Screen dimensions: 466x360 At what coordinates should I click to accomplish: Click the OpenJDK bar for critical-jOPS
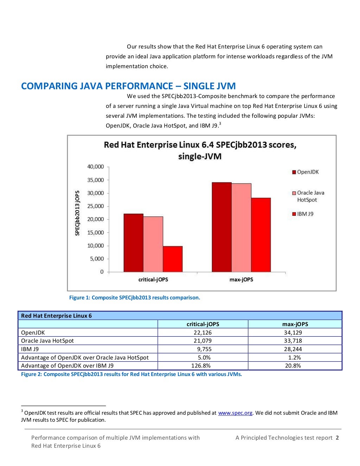[x=133, y=242]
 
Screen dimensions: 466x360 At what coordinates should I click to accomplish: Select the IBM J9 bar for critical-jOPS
[x=173, y=259]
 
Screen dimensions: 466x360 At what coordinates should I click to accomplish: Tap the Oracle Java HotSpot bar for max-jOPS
[x=241, y=227]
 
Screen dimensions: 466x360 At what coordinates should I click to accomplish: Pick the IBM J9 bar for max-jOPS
[x=261, y=235]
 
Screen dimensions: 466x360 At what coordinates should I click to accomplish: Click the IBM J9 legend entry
[x=303, y=214]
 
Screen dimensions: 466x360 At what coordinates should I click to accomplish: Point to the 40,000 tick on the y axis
[x=96, y=167]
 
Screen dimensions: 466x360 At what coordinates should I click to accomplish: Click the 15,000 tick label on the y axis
[x=96, y=232]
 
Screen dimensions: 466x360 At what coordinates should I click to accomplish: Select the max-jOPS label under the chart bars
[x=241, y=279]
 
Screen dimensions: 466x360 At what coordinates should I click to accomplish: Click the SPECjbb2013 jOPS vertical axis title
[x=77, y=213]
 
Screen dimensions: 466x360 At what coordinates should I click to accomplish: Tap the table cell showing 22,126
[x=202, y=332]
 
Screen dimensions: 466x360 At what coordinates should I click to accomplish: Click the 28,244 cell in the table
[x=293, y=349]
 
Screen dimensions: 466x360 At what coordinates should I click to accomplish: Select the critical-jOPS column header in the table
[x=202, y=324]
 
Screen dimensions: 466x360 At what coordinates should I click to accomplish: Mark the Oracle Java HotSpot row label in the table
[x=47, y=341]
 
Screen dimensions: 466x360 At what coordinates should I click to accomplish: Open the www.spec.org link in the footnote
[x=235, y=413]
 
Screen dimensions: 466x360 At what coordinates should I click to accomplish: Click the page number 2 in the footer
[x=337, y=438]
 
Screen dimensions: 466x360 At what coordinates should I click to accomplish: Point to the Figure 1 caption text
[x=134, y=298]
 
